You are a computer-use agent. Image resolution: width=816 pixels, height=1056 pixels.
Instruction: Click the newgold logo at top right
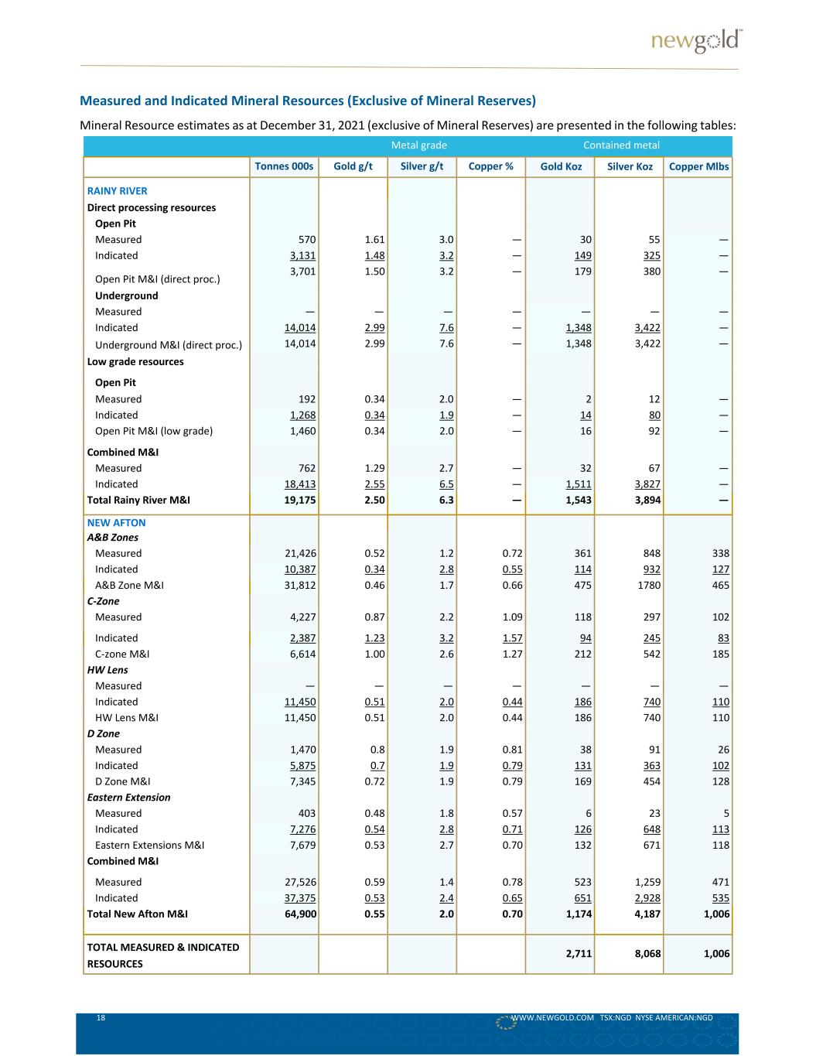696,41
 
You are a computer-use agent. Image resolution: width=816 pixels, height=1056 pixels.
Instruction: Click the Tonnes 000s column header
284,166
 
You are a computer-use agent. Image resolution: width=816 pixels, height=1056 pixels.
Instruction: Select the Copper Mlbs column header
698,166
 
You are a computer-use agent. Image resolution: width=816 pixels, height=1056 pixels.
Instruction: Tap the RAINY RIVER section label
117,191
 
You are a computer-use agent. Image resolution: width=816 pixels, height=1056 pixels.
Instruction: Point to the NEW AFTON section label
116,522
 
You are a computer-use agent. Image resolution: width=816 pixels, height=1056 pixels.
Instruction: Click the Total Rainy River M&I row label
138,500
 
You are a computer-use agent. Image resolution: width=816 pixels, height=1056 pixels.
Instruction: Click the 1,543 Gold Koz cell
577,500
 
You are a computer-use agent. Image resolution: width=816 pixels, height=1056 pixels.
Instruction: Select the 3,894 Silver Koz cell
645,500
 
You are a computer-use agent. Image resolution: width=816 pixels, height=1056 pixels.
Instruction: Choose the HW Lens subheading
108,670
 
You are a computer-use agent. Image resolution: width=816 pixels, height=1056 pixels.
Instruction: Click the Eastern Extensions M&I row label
149,845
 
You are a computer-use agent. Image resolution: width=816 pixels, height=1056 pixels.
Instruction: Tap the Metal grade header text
418,145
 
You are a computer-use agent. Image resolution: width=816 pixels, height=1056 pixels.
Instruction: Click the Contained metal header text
621,145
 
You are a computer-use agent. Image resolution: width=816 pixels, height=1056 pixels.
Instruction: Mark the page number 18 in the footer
101,1018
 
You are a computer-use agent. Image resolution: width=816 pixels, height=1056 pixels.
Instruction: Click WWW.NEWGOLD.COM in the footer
552,1018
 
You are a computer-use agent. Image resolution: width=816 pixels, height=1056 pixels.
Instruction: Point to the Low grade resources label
135,361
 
